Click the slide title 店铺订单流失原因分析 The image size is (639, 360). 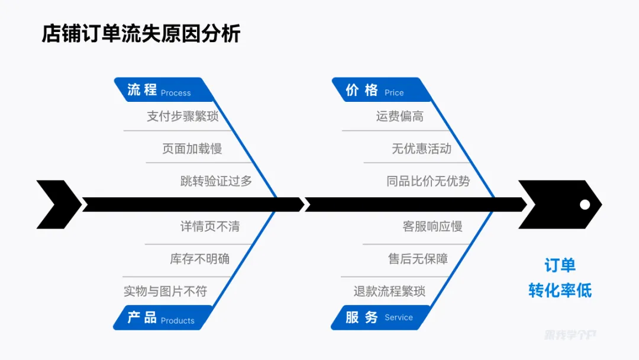[141, 34]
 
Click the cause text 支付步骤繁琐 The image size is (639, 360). [183, 116]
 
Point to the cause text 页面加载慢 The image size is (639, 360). [192, 149]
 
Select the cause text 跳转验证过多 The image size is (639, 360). [216, 181]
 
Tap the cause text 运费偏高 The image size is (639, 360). [400, 116]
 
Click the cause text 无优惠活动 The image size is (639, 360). [421, 149]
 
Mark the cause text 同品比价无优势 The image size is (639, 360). [428, 181]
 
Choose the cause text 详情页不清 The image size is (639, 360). [210, 226]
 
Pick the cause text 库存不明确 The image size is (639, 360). [200, 259]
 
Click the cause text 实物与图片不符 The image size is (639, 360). [166, 291]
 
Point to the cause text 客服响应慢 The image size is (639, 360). [433, 226]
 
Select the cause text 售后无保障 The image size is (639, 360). [418, 259]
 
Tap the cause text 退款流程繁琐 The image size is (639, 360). [389, 291]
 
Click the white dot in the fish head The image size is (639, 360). [585, 205]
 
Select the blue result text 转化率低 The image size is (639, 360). [560, 290]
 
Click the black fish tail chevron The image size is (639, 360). [58, 205]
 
